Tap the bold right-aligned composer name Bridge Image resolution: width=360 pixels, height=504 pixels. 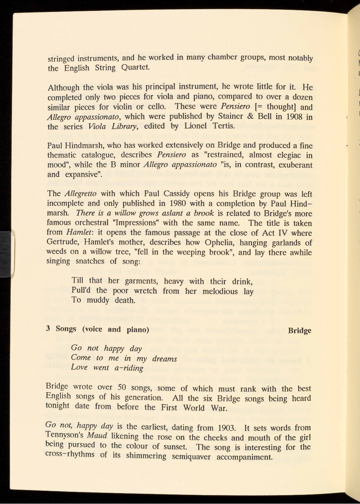click(x=299, y=330)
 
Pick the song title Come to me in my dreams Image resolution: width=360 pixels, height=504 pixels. click(x=124, y=358)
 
